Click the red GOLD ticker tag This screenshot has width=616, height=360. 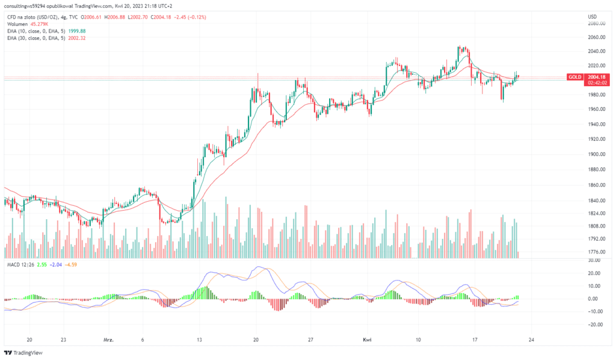(x=574, y=77)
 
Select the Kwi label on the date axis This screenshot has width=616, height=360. (x=368, y=340)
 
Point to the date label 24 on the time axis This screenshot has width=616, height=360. (x=531, y=340)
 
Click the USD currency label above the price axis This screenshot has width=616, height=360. (x=592, y=16)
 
